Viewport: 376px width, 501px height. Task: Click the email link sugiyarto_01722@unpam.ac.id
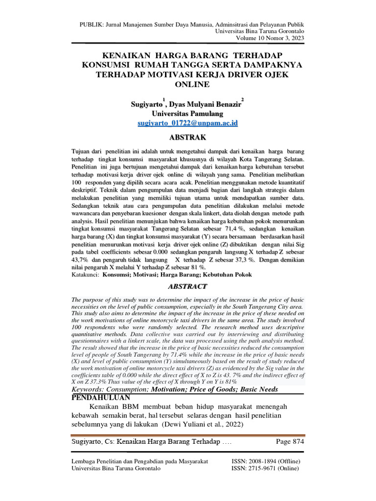(x=188, y=123)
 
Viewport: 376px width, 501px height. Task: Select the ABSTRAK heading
(x=188, y=137)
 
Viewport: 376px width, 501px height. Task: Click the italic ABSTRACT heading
(x=188, y=286)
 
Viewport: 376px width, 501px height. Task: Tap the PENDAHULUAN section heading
(x=100, y=397)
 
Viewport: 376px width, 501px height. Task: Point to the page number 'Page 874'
(x=290, y=442)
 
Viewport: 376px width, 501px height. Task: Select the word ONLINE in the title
(x=188, y=84)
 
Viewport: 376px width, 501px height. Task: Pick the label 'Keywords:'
(x=91, y=389)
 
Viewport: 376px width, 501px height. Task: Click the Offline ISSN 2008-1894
(x=265, y=461)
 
